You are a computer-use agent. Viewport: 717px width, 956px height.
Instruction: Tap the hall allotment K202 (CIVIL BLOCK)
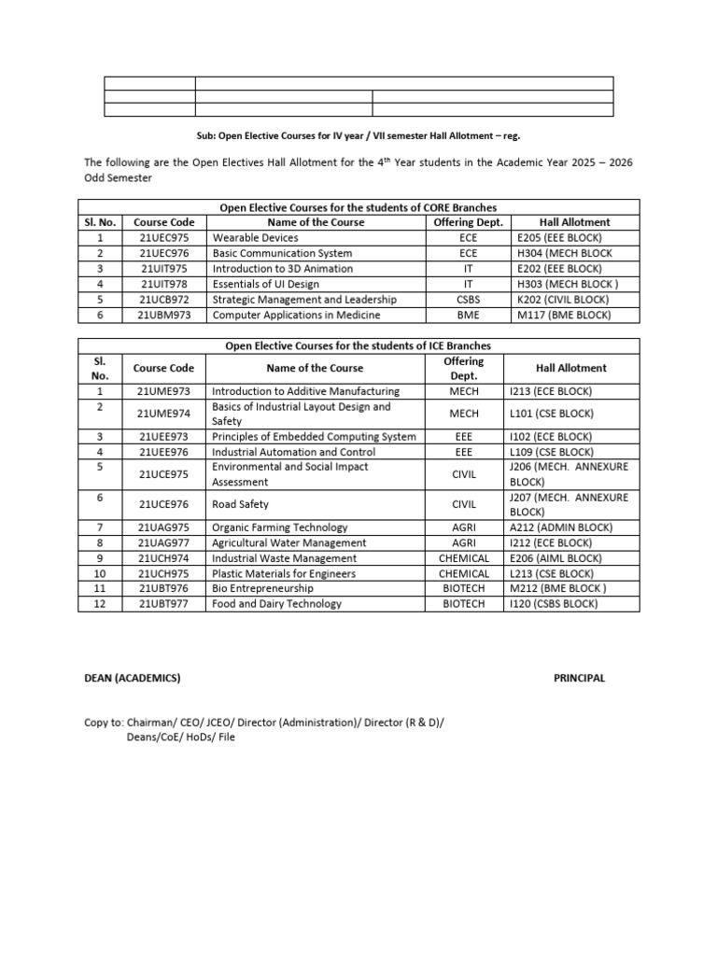coord(562,300)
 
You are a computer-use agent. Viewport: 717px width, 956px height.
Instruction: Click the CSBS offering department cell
coord(468,300)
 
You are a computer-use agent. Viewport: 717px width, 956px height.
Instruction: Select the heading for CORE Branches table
coord(358,207)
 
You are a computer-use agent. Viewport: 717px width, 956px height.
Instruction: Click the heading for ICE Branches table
coord(358,345)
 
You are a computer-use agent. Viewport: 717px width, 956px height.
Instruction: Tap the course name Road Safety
coord(241,504)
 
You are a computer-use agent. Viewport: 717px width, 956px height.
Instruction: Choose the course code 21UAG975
coord(163,527)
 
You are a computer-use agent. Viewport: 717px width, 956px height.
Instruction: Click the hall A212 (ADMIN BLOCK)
coord(560,527)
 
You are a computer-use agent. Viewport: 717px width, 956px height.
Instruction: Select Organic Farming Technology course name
coord(280,527)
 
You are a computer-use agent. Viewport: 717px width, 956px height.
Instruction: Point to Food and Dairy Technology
coord(276,604)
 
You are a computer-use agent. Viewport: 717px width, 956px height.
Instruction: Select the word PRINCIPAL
coord(579,678)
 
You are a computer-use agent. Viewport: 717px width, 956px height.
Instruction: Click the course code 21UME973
coord(163,391)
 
